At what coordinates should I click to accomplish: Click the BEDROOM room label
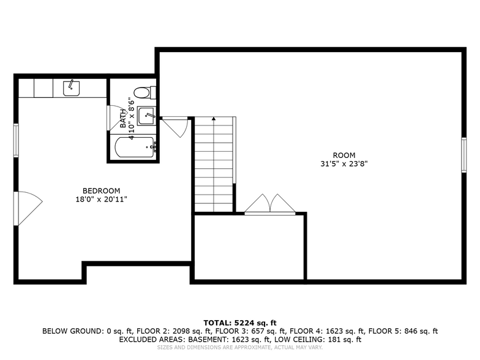102,190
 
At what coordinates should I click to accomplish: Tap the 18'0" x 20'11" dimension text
102,199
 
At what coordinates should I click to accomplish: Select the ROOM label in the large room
343,155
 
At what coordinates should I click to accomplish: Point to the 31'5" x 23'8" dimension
343,164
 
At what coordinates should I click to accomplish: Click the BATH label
122,118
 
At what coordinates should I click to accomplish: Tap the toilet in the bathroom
143,93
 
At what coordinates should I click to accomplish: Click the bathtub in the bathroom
134,148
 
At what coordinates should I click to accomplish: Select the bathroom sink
146,114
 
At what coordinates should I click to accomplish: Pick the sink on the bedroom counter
71,88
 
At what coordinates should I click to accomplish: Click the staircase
214,165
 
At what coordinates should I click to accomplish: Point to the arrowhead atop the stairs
214,119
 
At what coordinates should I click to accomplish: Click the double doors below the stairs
270,204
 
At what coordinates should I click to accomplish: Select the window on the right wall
463,155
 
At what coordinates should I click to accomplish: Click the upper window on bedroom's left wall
17,140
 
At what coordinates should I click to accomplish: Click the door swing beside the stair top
175,127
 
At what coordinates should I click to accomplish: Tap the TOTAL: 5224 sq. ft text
240,323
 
